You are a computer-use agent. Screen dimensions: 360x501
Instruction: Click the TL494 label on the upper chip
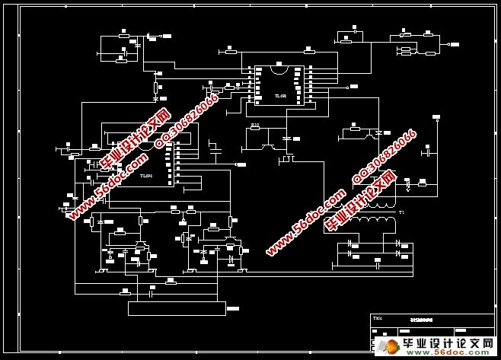click(280, 96)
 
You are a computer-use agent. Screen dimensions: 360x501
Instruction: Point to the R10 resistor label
click(255, 125)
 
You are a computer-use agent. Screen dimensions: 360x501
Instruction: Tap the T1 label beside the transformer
click(401, 212)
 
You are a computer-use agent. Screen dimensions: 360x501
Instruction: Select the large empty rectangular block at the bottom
click(177, 308)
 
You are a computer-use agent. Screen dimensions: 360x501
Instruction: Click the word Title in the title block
click(378, 318)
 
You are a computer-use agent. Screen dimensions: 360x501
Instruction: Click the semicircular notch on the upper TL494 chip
click(279, 68)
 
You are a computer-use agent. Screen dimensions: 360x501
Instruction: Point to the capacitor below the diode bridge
click(377, 263)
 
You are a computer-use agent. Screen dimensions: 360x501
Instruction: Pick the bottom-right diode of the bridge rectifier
click(397, 252)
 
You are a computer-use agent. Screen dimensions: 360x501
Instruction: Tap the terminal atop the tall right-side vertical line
click(436, 117)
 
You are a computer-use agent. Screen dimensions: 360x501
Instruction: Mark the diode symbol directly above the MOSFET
click(287, 139)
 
